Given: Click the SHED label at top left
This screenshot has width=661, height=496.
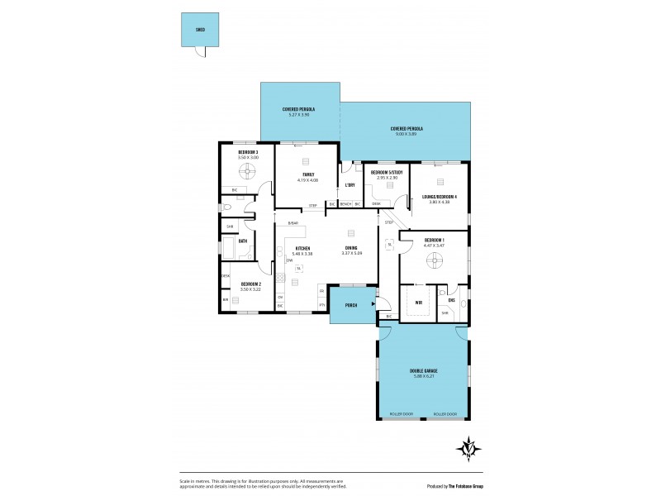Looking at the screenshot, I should point(200,29).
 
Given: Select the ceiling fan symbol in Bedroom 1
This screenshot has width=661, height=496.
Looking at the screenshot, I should point(435,261).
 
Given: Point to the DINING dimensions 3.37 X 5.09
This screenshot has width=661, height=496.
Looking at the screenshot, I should point(351,254).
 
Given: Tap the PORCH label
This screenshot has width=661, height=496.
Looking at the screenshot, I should point(350,303).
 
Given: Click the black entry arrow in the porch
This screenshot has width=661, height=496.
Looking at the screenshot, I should point(373,303).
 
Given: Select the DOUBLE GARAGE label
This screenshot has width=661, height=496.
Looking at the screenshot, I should point(423,370).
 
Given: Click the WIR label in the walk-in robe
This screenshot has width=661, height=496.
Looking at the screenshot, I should point(420,303).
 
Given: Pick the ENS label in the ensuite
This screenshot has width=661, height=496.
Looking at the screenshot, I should point(451,298).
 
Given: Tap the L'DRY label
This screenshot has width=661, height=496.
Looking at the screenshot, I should point(350,184).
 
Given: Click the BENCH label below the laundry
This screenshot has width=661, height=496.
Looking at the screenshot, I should point(345,203).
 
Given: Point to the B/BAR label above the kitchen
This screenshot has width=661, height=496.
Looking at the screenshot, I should point(292,224).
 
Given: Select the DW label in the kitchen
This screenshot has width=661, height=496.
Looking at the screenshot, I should point(289,261).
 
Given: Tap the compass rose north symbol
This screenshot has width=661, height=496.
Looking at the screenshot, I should point(468,448).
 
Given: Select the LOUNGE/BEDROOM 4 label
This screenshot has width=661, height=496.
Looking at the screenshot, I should point(439,197).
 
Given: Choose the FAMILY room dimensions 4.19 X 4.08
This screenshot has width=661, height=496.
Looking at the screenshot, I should point(307,180).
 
